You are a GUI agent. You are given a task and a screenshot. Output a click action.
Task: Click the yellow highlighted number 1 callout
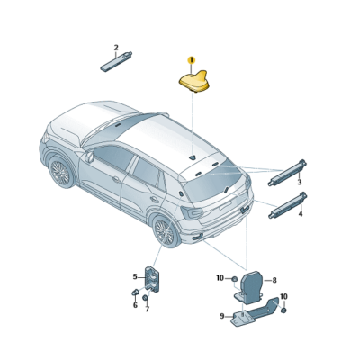(191, 59)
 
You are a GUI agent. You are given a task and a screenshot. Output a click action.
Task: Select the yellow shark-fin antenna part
(193, 80)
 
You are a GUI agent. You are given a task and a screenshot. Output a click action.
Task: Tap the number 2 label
(115, 48)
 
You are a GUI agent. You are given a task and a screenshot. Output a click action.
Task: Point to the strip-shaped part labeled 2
(117, 62)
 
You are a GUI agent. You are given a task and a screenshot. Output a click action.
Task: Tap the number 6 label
(135, 305)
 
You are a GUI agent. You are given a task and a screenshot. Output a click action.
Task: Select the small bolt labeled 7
(146, 298)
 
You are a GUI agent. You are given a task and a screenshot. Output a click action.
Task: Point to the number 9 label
(221, 316)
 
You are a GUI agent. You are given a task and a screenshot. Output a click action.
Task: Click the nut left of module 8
(233, 279)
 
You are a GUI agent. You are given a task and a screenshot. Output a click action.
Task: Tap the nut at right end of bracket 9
(282, 311)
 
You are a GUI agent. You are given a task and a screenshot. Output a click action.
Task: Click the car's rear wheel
(166, 231)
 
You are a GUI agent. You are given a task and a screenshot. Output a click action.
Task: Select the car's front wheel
(61, 172)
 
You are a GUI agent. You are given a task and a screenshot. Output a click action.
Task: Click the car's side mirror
(90, 157)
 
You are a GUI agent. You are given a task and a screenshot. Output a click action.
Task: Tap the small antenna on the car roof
(192, 157)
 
